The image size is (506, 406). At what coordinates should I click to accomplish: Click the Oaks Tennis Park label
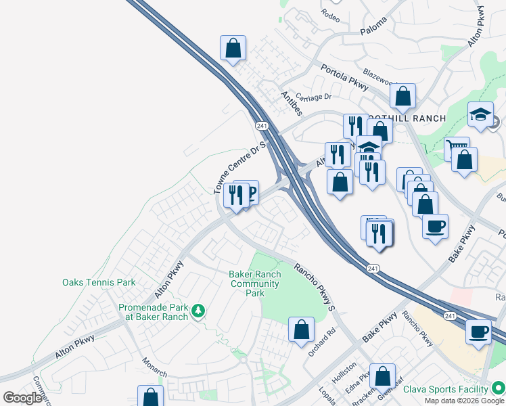coord(99,283)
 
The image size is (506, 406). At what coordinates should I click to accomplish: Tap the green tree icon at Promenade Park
coord(198,311)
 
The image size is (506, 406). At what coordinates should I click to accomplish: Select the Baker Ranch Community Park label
coord(254,284)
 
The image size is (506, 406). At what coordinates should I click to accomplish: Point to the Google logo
coord(22,398)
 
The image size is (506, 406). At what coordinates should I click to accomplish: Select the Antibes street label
coord(292,104)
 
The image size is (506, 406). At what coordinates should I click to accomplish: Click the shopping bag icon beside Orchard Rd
coord(301,330)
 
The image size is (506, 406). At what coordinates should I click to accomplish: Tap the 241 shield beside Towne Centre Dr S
coord(262,126)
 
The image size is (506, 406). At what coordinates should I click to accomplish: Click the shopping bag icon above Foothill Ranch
coord(402,97)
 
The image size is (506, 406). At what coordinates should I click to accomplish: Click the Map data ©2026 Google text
coord(465,401)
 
